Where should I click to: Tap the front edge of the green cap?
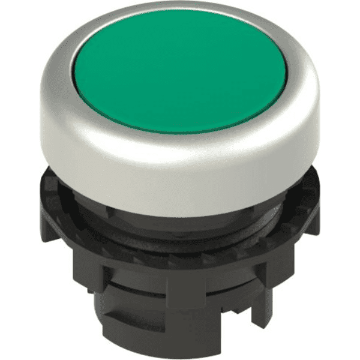pyautogui.click(x=180, y=131)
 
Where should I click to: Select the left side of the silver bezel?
pyautogui.click(x=51, y=120)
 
